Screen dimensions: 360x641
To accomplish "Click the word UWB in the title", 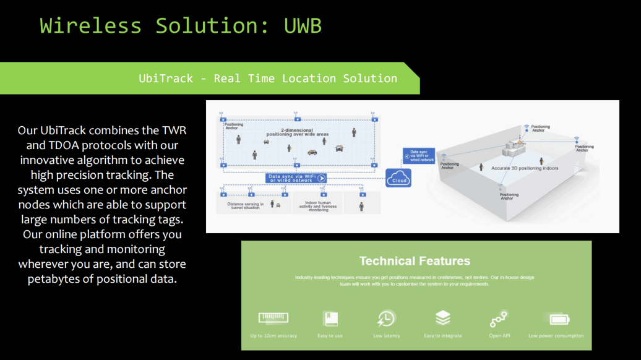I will (303, 26).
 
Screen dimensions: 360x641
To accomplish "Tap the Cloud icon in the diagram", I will (399, 178).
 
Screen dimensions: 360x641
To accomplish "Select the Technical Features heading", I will (415, 261).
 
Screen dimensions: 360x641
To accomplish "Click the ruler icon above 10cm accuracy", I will (273, 319).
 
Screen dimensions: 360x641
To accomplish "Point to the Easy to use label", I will (330, 336).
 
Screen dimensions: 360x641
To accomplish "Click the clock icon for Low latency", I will (386, 319).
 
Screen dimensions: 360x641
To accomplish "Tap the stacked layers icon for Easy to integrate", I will (442, 318).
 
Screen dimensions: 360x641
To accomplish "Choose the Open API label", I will (499, 336).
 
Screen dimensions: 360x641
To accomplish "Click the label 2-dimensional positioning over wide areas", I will (297, 132).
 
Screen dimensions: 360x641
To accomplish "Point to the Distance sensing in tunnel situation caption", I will (245, 206).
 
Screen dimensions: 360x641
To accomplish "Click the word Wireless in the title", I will (90, 26).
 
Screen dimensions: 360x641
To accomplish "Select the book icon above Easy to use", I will (330, 319).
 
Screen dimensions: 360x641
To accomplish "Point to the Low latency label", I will (387, 336).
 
